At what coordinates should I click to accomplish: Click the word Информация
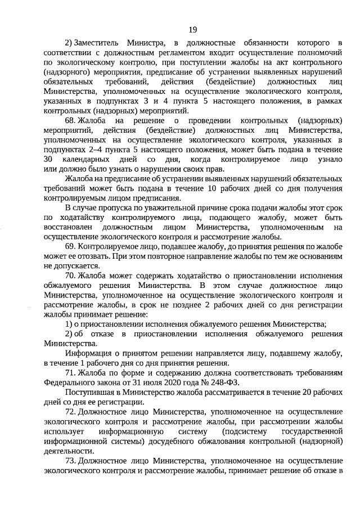pos(88,353)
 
